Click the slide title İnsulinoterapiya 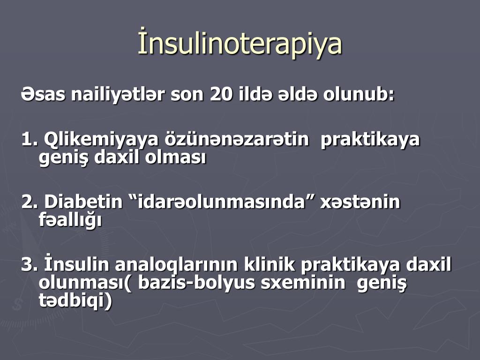click(x=240, y=45)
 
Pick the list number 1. click(x=29, y=140)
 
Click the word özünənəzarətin click(x=237, y=140)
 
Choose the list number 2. click(x=30, y=202)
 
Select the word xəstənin click(x=360, y=202)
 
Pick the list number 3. click(x=30, y=265)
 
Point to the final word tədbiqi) click(x=75, y=301)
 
